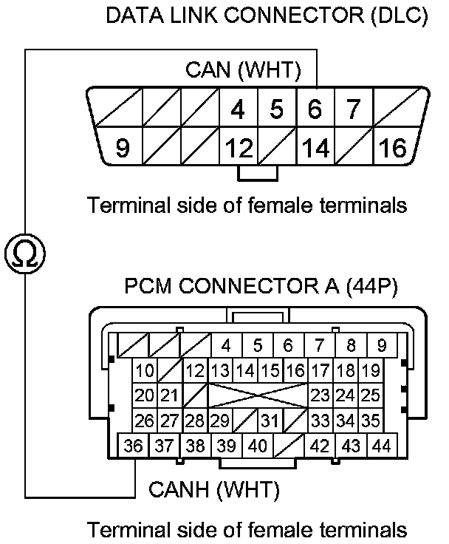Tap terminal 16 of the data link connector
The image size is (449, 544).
coord(393,149)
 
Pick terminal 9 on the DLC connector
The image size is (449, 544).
coord(123,149)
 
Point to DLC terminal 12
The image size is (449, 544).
coord(239,149)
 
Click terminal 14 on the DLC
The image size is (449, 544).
coord(315,149)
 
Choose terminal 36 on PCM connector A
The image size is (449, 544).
coord(134,446)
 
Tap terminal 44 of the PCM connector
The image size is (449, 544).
coord(381,446)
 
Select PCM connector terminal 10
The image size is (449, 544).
coord(145,370)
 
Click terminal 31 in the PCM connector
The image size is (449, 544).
coord(270,421)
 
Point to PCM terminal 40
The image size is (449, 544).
coord(257,446)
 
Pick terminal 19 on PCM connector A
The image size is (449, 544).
coord(370,370)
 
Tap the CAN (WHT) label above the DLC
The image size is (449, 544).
coord(243,71)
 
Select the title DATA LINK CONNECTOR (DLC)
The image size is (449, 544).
coord(267,16)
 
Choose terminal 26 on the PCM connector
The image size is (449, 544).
coord(145,421)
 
